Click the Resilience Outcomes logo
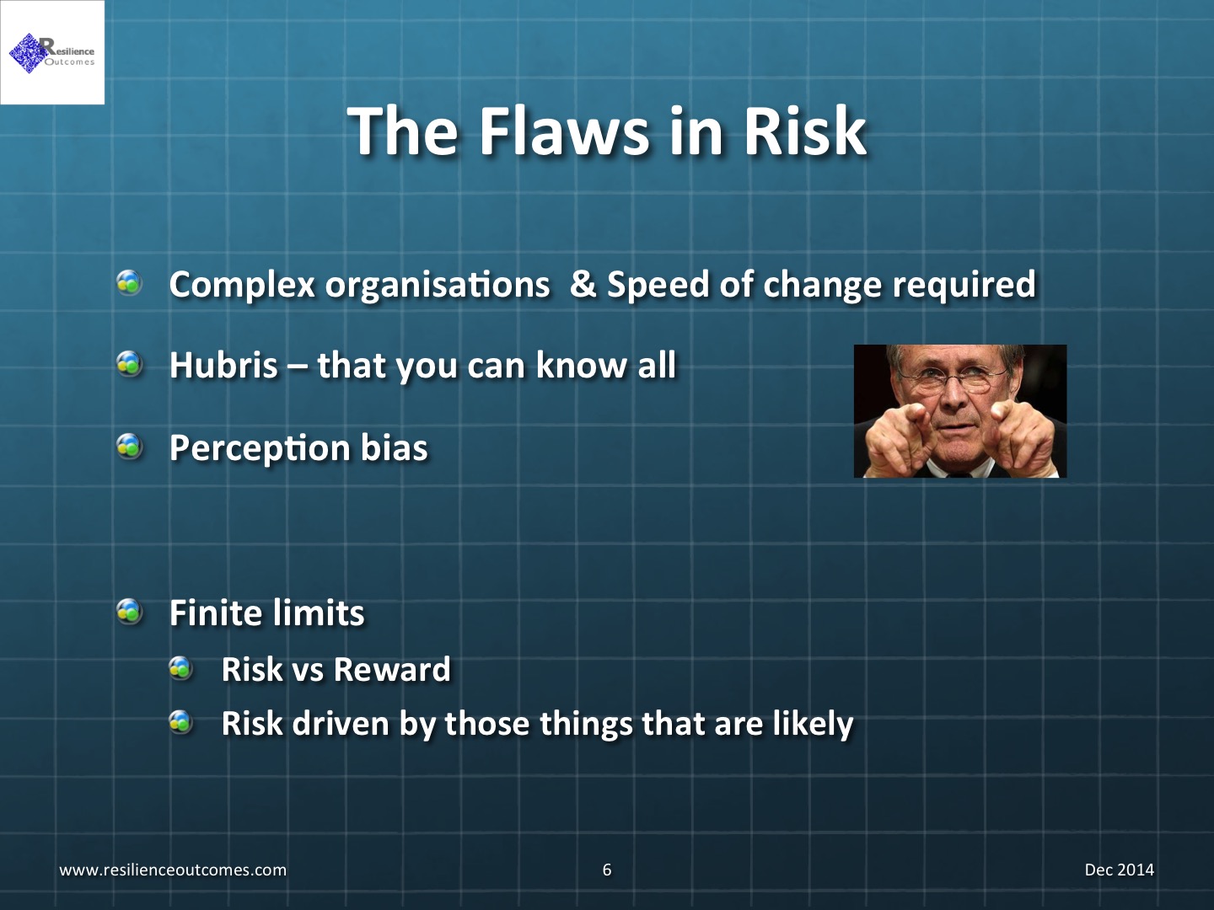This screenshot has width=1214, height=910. coord(52,53)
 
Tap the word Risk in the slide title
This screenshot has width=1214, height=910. coord(805,132)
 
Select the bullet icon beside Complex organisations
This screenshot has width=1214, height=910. coord(130,283)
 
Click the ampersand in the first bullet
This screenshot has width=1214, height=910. coord(583,285)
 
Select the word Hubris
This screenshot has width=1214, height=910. coord(223,365)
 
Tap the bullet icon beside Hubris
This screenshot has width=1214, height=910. coord(130,364)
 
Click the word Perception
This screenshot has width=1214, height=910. coord(260,448)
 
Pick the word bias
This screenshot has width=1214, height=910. coord(395,447)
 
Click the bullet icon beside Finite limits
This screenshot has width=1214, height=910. coord(130,612)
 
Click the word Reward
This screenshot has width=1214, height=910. coord(392,670)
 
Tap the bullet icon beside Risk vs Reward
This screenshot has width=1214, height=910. coord(180,668)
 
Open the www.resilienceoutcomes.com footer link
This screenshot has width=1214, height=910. coord(173,870)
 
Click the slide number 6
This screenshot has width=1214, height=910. coord(607,870)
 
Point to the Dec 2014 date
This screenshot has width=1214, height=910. coord(1120,870)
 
